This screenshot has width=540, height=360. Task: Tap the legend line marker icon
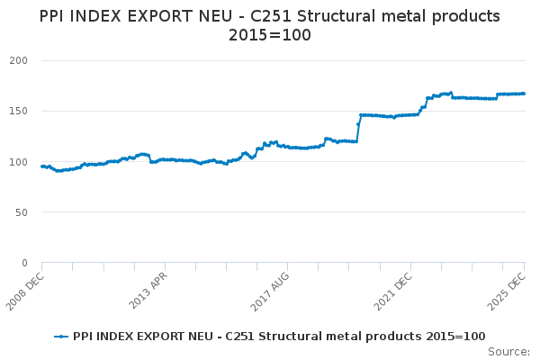[61, 337]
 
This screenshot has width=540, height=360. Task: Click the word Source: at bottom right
[508, 351]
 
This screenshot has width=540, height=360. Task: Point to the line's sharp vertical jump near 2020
[358, 121]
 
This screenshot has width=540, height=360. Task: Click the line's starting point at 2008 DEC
[41, 166]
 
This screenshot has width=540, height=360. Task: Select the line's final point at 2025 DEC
[525, 94]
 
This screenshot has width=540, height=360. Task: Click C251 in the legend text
[253, 337]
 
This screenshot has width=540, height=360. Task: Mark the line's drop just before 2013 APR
[150, 158]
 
